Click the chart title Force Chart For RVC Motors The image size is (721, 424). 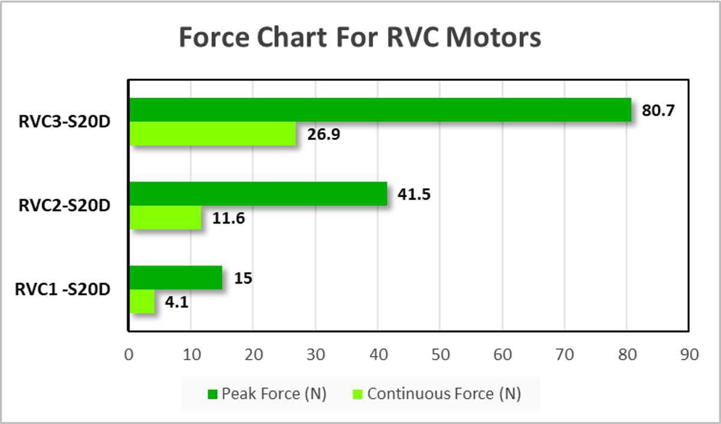[360, 37]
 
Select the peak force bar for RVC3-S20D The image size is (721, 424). [380, 110]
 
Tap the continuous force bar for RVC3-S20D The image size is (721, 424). [213, 133]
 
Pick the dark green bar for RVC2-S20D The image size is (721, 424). [258, 194]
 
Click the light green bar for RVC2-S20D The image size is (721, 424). [166, 217]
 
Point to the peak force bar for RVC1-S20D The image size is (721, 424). [176, 278]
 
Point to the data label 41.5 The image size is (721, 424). [414, 195]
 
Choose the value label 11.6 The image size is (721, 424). [228, 218]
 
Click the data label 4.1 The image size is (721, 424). [176, 302]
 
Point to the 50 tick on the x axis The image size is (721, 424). [440, 354]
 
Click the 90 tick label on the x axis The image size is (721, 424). [689, 354]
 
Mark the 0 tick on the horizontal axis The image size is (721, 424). [129, 354]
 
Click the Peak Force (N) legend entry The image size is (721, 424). [267, 394]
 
